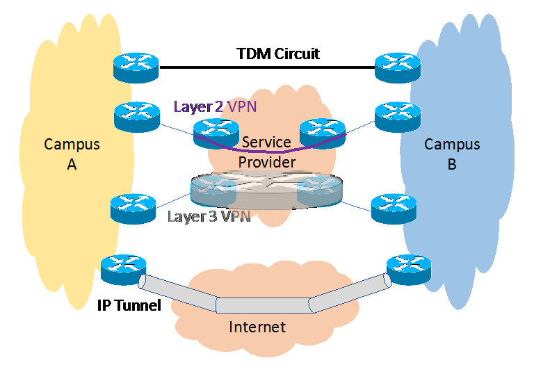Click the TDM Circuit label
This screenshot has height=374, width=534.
(278, 54)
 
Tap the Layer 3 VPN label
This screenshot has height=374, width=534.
(209, 216)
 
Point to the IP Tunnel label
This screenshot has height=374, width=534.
(129, 304)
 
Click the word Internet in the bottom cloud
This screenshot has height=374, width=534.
(257, 326)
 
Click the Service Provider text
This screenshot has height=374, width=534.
(267, 152)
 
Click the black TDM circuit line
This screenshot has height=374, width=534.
(267, 67)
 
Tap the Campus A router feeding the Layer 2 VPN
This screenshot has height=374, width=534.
(136, 116)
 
